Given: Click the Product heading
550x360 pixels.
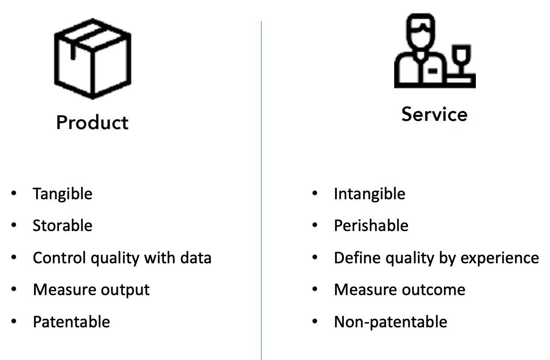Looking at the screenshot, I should (x=92, y=122).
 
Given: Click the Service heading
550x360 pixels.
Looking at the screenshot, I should (x=434, y=114).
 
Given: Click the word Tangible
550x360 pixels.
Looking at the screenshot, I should (x=62, y=193).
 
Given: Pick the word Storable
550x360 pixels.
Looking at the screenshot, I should (x=62, y=225).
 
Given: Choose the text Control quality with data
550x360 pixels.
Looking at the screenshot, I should (x=122, y=258).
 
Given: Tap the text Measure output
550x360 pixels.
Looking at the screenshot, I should (x=91, y=290).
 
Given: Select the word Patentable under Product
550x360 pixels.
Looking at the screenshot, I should (x=71, y=322).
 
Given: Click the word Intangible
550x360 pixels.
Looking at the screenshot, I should (x=369, y=193).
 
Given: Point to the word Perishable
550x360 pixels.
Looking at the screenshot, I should (x=371, y=225).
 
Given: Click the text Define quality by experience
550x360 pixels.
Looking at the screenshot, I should (x=436, y=258).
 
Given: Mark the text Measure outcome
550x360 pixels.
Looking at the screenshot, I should (x=399, y=290).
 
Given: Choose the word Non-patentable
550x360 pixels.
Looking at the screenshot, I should (x=390, y=322).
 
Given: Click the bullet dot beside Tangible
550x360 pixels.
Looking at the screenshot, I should (x=14, y=193).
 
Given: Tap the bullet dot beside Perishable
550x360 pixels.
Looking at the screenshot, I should (x=315, y=225).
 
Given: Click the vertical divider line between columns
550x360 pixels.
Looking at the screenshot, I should (x=261, y=190).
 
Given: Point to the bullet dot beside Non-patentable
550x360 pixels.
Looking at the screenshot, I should (x=315, y=322).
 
